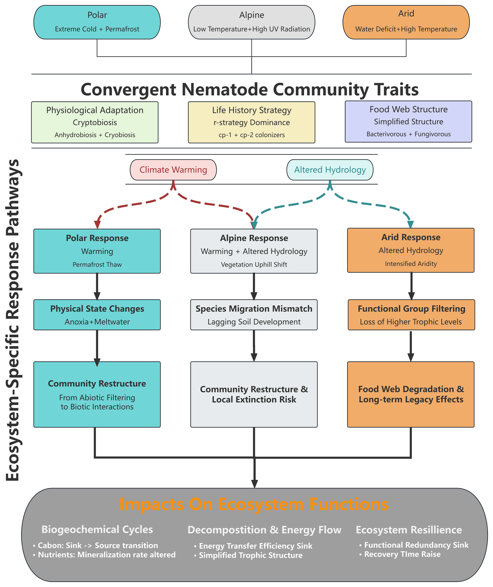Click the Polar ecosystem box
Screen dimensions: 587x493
[x=97, y=22]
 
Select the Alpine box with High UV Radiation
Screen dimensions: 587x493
[x=251, y=22]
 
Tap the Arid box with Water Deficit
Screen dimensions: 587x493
[x=406, y=22]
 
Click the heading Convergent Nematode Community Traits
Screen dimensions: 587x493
[x=250, y=89]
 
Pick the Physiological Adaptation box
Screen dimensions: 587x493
[x=95, y=122]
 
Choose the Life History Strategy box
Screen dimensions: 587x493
[x=251, y=122]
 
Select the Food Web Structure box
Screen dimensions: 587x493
[x=408, y=122]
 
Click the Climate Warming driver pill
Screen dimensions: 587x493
[x=173, y=170]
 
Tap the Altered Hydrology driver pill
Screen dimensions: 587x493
[x=330, y=170]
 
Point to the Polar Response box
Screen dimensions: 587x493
[x=97, y=251]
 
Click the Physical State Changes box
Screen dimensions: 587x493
[x=97, y=315]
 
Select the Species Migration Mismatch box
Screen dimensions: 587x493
[x=254, y=315]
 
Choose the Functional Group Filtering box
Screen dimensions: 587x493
[x=411, y=315]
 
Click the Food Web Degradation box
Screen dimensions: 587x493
[x=411, y=394]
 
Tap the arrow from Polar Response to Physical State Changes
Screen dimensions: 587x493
[x=97, y=286]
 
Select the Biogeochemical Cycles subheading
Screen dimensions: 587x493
[x=97, y=529]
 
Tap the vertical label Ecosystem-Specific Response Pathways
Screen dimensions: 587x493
[x=13, y=320]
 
